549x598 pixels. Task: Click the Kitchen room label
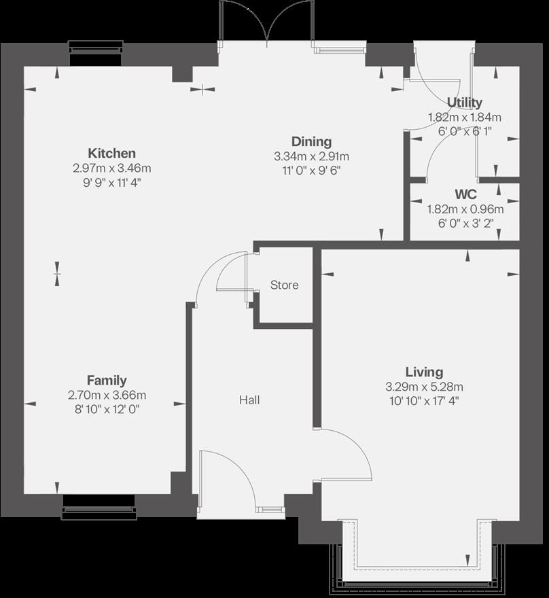[x=111, y=154]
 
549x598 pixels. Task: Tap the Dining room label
[x=311, y=142]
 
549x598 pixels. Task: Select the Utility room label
[x=465, y=103]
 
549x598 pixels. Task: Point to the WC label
[x=465, y=194]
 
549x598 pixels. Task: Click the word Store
[x=284, y=285]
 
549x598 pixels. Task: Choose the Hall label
[x=249, y=400]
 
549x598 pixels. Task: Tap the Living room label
[x=424, y=372]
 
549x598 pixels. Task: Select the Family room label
[x=107, y=381]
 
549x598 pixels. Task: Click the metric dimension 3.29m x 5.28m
[x=424, y=387]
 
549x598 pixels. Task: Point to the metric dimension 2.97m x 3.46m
[x=111, y=168]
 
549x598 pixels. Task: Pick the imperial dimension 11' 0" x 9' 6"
[x=311, y=170]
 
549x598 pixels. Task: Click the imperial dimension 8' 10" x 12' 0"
[x=107, y=408]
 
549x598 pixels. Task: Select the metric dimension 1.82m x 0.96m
[x=465, y=209]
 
